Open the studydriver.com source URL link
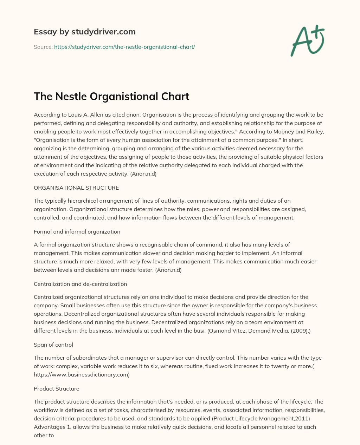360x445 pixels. [x=124, y=47]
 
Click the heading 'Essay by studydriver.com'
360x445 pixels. [x=84, y=32]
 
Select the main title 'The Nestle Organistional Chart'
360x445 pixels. [x=111, y=96]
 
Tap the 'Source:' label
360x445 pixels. [x=43, y=47]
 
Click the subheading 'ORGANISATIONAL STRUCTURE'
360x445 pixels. [x=76, y=188]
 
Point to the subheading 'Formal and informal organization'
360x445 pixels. [x=77, y=231]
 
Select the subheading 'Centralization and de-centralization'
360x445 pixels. [x=80, y=284]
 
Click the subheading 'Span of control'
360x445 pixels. [x=53, y=345]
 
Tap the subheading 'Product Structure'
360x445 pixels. [x=56, y=388]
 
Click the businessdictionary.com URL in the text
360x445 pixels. [x=82, y=374]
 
